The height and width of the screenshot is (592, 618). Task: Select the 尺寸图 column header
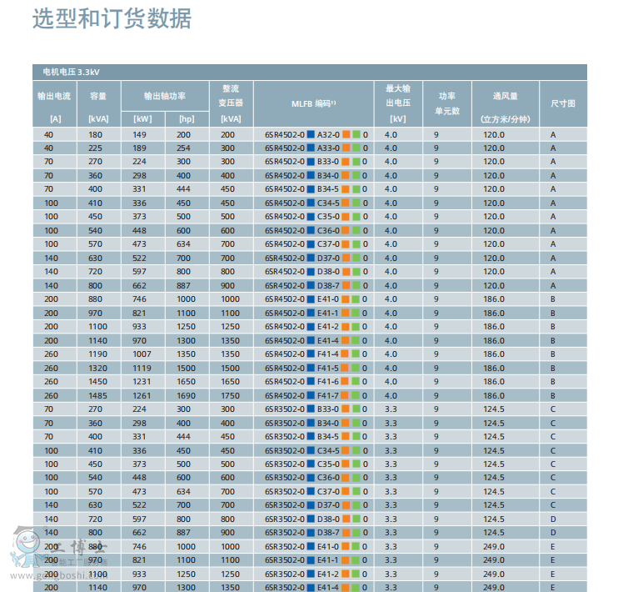coord(563,103)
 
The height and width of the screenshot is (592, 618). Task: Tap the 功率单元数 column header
coord(447,103)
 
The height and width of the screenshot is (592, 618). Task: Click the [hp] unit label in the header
coord(185,119)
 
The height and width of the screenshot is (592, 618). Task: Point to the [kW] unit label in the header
coord(142,119)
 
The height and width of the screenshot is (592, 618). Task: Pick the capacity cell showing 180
coord(96,134)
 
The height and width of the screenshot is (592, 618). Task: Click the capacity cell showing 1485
coord(98,395)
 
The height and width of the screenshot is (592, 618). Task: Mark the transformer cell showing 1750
coord(229,395)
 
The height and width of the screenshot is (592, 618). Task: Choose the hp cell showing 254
coord(183,148)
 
